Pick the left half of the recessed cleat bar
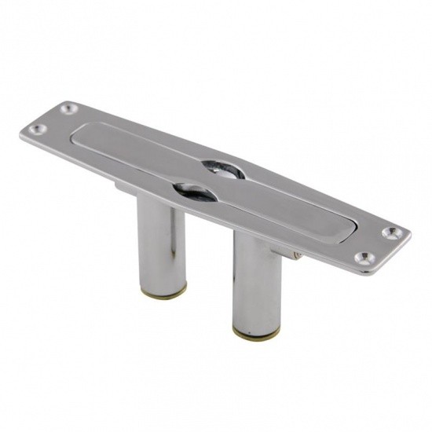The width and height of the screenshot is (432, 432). (x=134, y=149)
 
